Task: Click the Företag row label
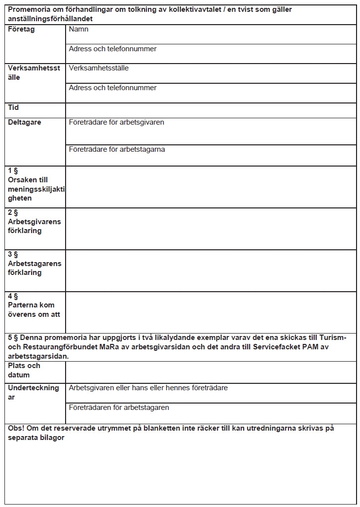click(21, 30)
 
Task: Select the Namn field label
click(79, 30)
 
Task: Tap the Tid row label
click(13, 107)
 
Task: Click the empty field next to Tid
click(211, 110)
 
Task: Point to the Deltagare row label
click(25, 122)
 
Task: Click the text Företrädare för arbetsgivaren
click(116, 122)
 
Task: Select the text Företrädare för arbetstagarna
click(117, 149)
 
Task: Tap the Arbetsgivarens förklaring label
click(34, 226)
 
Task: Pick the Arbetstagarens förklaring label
click(35, 268)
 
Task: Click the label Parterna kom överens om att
click(34, 310)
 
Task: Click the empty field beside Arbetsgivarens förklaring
click(211, 229)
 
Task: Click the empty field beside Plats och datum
click(211, 372)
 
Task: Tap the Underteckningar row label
click(33, 392)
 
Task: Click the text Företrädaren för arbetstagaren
click(119, 407)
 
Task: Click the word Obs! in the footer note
click(16, 428)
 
